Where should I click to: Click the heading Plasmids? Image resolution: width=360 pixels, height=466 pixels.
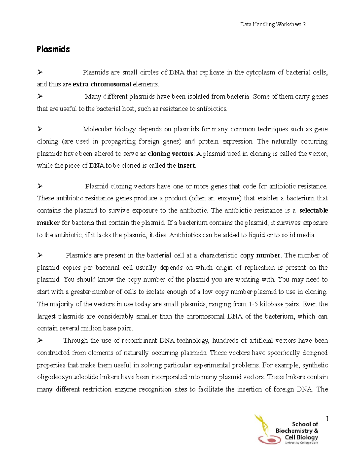(53, 49)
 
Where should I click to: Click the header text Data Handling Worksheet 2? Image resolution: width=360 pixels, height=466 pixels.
(273, 25)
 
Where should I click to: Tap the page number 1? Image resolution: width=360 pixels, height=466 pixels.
(327, 419)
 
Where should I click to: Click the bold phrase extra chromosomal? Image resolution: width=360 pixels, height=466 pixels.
(102, 84)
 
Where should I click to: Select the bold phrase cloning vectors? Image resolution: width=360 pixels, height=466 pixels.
(171, 154)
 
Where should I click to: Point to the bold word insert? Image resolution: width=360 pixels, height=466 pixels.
(186, 166)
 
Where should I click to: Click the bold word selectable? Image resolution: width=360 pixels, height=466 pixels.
(313, 211)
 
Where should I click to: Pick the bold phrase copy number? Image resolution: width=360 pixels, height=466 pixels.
(260, 256)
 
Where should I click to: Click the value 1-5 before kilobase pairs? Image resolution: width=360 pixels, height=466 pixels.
(253, 304)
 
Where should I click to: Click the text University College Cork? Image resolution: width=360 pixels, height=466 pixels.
(301, 443)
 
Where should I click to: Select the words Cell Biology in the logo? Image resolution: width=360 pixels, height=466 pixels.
(301, 437)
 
